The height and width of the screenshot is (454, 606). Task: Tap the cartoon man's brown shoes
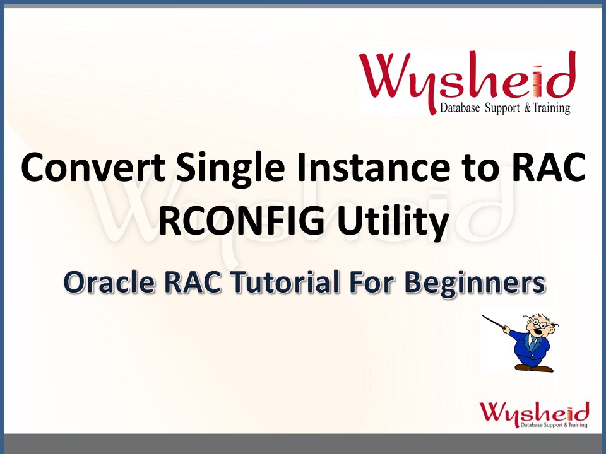pos(534,366)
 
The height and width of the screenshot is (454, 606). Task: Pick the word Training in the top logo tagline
pos(549,108)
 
